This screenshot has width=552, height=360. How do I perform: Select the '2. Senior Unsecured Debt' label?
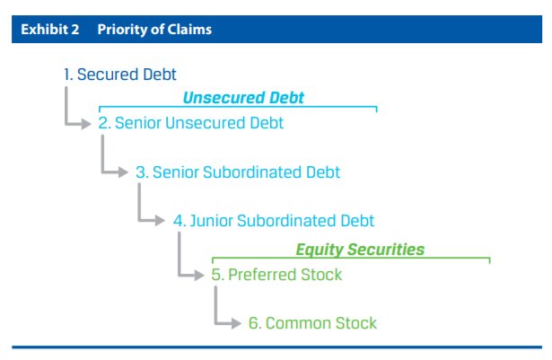(191, 123)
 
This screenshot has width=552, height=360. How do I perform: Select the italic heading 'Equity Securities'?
(360, 250)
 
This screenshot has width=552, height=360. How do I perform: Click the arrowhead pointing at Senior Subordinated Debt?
(125, 171)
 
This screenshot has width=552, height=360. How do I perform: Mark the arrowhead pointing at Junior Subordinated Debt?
(162, 220)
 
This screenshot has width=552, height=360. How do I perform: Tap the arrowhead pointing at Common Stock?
(237, 322)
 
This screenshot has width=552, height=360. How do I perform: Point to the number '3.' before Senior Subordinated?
(141, 171)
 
